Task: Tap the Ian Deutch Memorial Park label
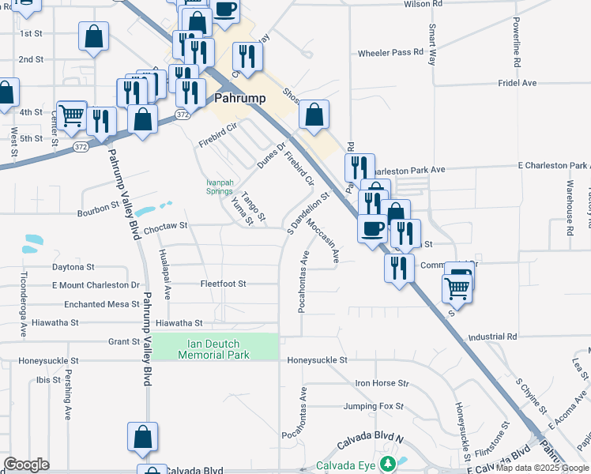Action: coord(214,349)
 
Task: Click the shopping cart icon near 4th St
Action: coord(71,115)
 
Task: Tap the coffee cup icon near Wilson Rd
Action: coord(224,9)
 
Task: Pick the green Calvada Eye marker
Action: coord(387,463)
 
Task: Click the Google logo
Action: coord(26,465)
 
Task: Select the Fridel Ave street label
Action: coord(517,83)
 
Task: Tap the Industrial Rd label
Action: coord(491,336)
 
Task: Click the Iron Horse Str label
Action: coord(382,383)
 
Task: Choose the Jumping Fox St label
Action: coord(374,406)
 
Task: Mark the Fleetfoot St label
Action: coord(223,284)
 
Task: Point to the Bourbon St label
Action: coord(97,213)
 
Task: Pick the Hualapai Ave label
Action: coord(165,274)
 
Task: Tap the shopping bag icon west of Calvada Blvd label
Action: coord(142,437)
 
